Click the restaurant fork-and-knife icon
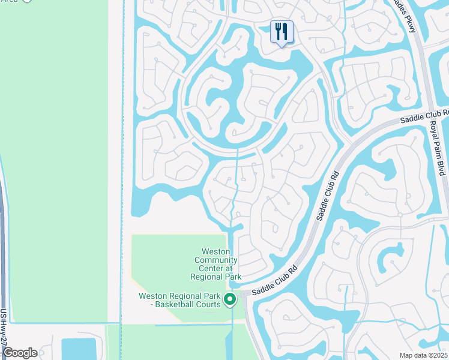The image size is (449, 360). tap(282, 31)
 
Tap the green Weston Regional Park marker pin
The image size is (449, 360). tap(229, 299)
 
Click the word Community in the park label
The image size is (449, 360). tap(216, 260)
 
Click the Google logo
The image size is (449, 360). tap(19, 353)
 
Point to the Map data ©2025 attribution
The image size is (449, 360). tap(423, 355)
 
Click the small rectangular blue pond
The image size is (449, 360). tap(79, 349)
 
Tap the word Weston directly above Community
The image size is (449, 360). tap(216, 251)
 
